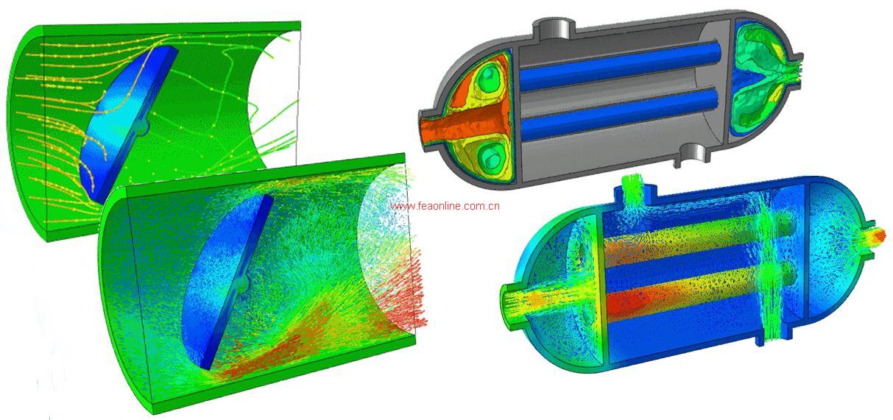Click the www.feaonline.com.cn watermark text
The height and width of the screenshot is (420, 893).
click(x=445, y=206)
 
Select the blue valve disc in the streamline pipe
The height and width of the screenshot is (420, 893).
click(x=127, y=124)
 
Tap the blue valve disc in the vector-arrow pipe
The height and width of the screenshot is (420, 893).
click(x=227, y=282)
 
